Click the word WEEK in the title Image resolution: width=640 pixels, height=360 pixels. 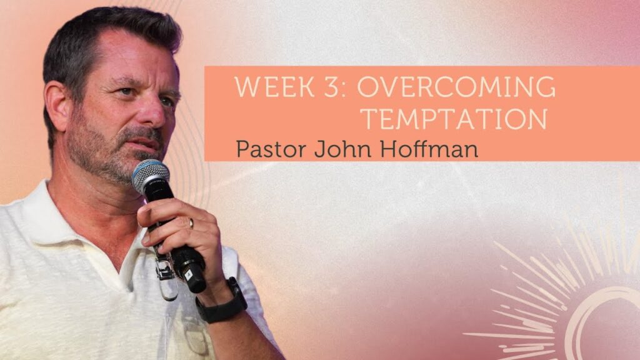[x=274, y=86]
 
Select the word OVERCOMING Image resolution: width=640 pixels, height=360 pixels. [x=456, y=86]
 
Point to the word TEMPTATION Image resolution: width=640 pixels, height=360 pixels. [x=454, y=118]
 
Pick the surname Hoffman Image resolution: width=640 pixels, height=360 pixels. [x=429, y=149]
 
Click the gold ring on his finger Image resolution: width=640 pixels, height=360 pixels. [x=191, y=223]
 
